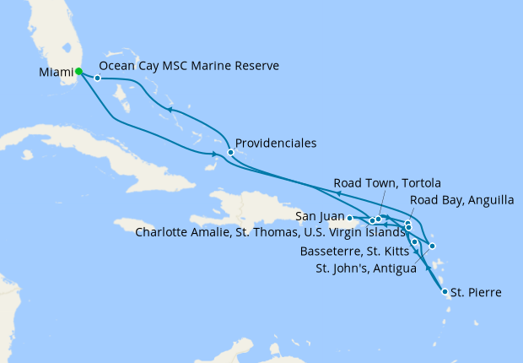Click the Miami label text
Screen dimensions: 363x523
click(56, 73)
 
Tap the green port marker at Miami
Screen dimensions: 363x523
click(78, 72)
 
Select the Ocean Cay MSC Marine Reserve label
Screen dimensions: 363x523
click(189, 66)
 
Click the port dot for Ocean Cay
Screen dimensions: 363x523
click(98, 79)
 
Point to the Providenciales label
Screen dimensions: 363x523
click(276, 144)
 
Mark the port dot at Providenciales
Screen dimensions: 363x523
click(230, 153)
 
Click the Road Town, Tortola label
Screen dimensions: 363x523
click(387, 182)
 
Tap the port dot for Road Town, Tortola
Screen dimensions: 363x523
click(379, 219)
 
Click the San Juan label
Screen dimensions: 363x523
click(319, 216)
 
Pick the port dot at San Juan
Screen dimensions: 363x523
click(350, 218)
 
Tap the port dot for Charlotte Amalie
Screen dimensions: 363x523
click(372, 221)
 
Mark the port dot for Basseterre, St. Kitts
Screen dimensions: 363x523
click(414, 242)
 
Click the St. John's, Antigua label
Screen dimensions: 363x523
click(365, 269)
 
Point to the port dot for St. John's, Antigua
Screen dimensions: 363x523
click(432, 247)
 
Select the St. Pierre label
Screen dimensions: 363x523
click(477, 293)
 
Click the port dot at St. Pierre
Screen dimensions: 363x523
click(445, 293)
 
